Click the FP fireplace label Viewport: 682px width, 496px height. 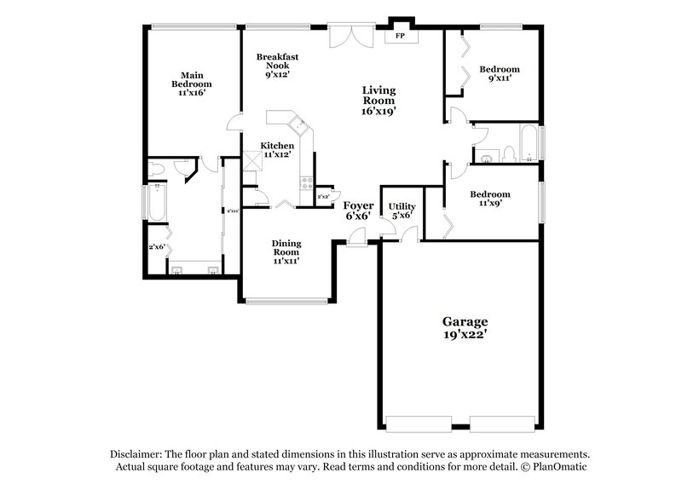(400, 37)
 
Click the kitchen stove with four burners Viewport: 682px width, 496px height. (304, 180)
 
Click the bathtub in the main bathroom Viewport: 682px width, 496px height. (157, 202)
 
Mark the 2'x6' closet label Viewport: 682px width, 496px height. (158, 247)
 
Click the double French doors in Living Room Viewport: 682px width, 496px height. (350, 37)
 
